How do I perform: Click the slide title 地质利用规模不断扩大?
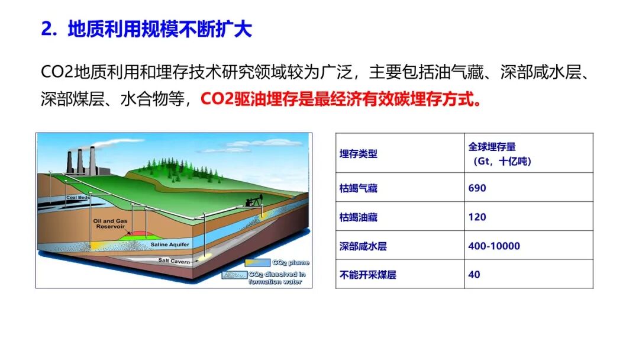(x=160, y=29)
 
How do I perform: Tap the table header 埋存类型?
(x=358, y=154)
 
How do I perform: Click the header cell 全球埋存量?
(x=492, y=147)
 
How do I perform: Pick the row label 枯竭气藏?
(x=358, y=188)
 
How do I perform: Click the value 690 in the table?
(x=477, y=188)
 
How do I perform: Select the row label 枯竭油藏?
(x=358, y=217)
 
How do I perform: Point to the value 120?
(x=477, y=217)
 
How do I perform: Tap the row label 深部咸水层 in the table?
(x=363, y=246)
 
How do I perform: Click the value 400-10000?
(x=494, y=246)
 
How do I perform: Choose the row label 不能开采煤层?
(x=367, y=274)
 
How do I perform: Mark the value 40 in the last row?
(x=474, y=274)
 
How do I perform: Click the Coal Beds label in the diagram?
(x=78, y=197)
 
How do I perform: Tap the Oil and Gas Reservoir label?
(x=110, y=223)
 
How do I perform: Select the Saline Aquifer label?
(x=170, y=245)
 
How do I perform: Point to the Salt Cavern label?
(x=174, y=261)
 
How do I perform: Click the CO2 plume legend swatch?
(x=257, y=262)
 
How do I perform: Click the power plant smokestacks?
(x=80, y=160)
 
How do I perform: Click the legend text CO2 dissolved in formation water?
(x=277, y=278)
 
